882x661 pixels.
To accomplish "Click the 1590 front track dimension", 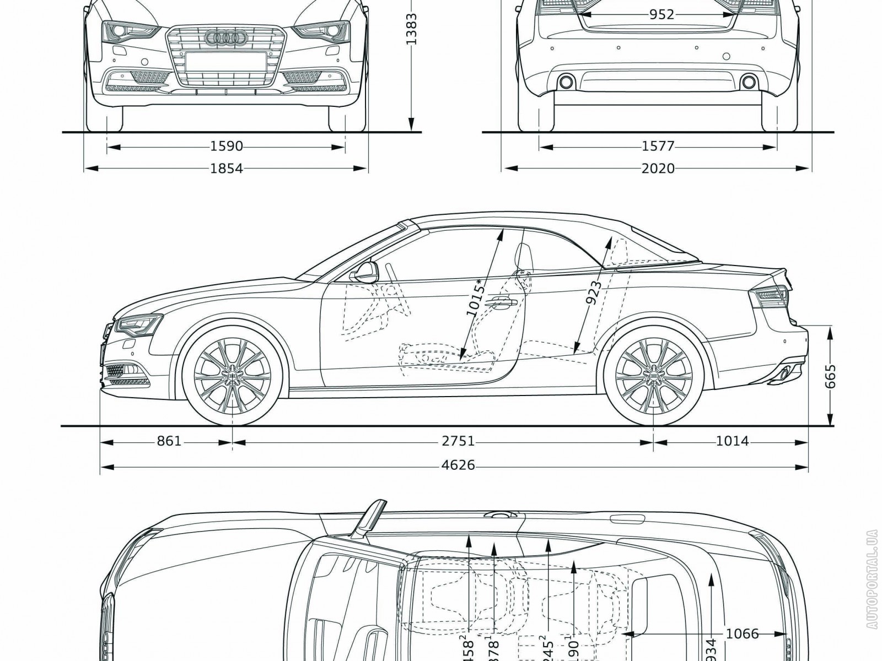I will (227, 147).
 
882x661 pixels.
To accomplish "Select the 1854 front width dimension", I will (227, 168).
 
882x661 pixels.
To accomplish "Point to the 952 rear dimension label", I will (661, 15).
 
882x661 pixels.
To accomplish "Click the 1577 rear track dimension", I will (658, 147).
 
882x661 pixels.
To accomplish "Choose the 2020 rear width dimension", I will (658, 168).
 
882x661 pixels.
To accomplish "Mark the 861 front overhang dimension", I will (169, 441).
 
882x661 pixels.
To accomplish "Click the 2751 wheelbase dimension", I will (458, 441).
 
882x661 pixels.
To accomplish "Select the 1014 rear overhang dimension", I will (733, 441).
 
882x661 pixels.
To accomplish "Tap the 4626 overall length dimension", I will (458, 465).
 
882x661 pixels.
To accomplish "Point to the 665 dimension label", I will (831, 376).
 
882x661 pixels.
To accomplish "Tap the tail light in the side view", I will (773, 298).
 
